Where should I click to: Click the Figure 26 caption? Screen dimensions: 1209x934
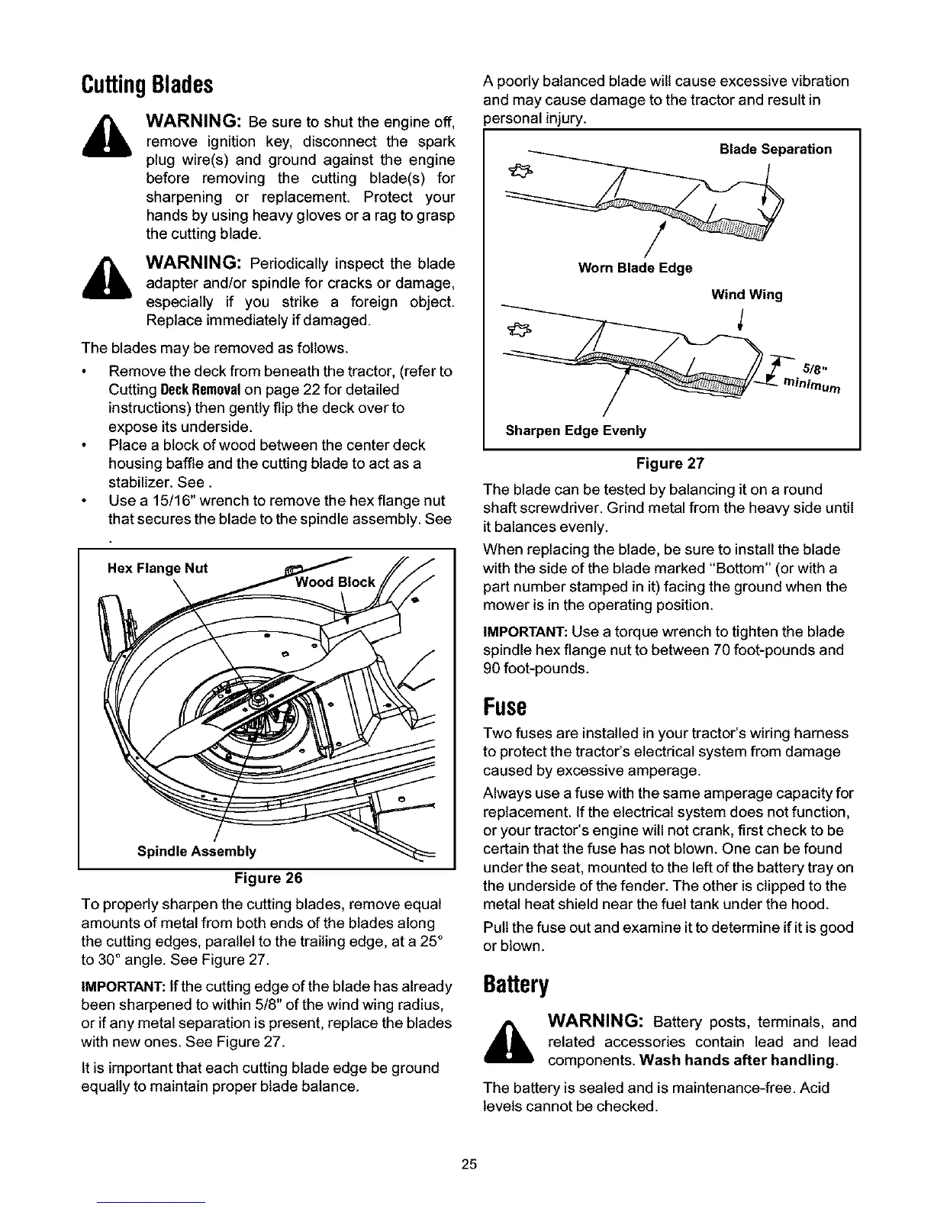pos(268,875)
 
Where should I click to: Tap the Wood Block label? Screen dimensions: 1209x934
pos(335,582)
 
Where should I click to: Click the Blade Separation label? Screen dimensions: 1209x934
pos(775,149)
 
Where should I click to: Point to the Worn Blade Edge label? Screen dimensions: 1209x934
pos(635,268)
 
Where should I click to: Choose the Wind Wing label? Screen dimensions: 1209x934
pos(746,295)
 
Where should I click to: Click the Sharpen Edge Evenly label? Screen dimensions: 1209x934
pos(576,430)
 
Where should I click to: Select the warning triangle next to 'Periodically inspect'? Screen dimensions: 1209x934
pos(112,281)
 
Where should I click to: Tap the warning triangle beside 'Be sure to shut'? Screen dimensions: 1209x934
pos(112,137)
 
